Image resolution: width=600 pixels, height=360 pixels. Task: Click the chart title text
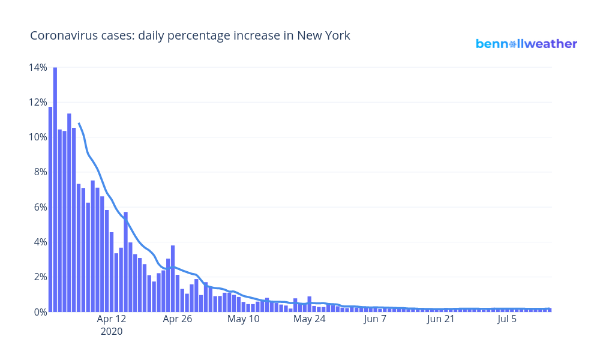click(190, 36)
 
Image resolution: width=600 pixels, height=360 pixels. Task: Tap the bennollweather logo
click(526, 44)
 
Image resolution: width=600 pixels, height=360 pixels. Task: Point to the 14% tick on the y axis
click(37, 67)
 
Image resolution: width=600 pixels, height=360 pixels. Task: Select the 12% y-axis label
click(37, 102)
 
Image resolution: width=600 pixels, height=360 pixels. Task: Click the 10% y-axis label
click(37, 137)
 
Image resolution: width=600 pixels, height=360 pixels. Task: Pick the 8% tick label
click(40, 172)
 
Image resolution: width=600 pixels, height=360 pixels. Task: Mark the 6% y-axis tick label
click(40, 207)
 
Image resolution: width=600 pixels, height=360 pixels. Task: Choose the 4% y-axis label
click(40, 242)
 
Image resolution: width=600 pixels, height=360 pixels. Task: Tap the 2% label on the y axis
click(40, 277)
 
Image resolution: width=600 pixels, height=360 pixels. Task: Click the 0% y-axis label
click(40, 312)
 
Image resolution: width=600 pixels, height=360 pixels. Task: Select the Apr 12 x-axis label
click(112, 319)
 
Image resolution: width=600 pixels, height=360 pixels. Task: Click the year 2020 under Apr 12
click(112, 331)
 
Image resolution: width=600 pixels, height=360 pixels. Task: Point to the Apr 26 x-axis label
click(178, 319)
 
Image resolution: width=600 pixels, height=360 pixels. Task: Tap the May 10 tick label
click(244, 319)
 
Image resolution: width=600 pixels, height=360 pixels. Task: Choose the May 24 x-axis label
click(310, 319)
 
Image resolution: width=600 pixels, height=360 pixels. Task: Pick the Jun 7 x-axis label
click(376, 319)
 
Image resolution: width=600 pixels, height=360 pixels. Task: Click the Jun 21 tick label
click(442, 319)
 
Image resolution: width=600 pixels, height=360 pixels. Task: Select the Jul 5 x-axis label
click(508, 319)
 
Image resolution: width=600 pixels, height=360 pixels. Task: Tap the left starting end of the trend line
click(79, 124)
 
